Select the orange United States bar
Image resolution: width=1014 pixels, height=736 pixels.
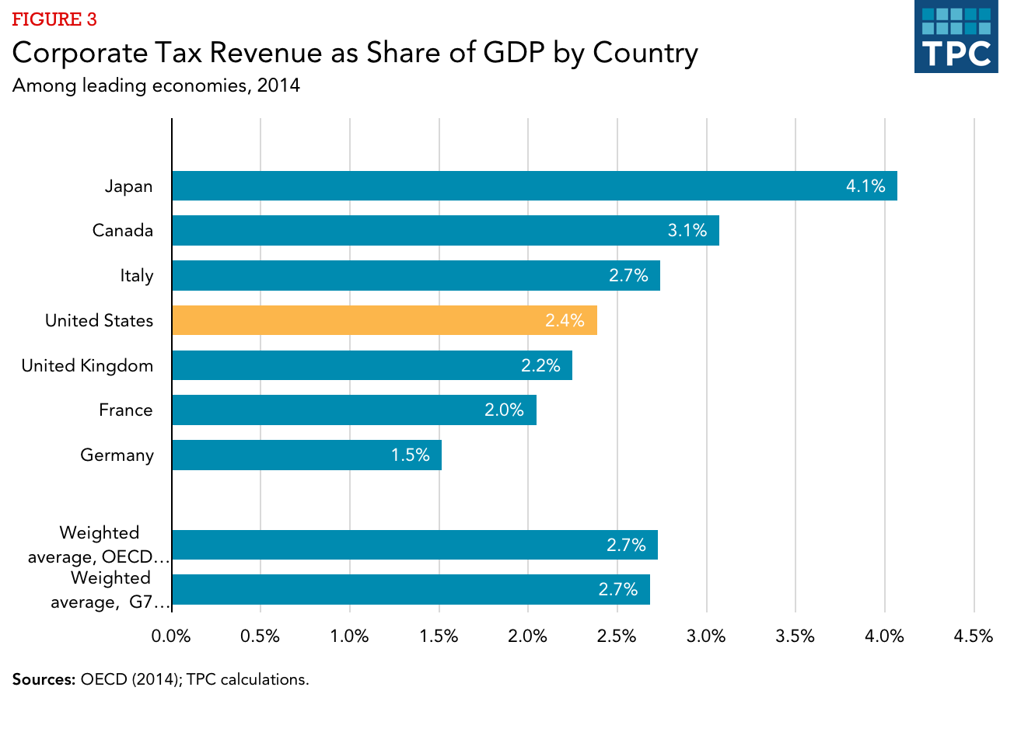(x=384, y=320)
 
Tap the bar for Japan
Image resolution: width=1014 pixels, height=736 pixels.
(x=534, y=186)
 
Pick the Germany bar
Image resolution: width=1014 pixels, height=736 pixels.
(x=306, y=455)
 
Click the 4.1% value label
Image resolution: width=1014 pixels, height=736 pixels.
(x=865, y=186)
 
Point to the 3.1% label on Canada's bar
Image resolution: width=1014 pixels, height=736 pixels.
(x=687, y=231)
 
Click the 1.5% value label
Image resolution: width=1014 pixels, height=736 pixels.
(x=410, y=455)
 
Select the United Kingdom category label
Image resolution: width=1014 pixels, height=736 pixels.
(x=87, y=366)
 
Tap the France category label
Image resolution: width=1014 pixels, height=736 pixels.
(x=125, y=410)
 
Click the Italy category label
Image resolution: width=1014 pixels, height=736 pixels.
(x=136, y=276)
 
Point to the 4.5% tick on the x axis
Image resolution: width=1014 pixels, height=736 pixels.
(x=974, y=637)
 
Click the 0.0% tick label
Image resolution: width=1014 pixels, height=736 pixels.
(x=171, y=637)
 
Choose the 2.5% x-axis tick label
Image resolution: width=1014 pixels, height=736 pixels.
(x=617, y=637)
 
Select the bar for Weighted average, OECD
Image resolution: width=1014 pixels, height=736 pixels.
(x=414, y=545)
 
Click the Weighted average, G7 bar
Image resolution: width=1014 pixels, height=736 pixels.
(x=411, y=590)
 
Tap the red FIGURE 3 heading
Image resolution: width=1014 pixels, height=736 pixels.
(x=54, y=19)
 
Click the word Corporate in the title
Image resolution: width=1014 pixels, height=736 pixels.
(x=79, y=54)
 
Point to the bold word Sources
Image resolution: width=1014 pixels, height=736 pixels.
(x=44, y=679)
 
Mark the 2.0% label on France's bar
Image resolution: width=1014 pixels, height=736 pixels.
(x=504, y=410)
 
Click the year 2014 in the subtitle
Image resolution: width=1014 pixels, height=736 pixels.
(x=278, y=85)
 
